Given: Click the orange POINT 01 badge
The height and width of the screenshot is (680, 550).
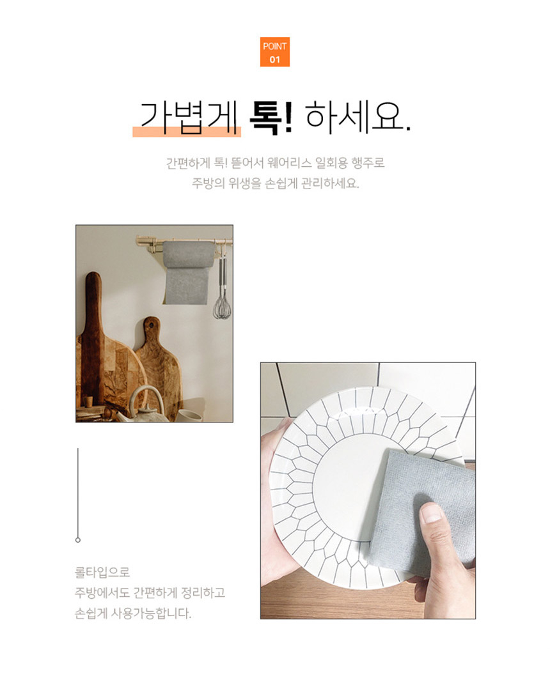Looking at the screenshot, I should [275, 52].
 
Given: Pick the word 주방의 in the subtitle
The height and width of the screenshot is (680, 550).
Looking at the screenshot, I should [207, 184].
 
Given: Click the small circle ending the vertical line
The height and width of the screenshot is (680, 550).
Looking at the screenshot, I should [78, 540].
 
